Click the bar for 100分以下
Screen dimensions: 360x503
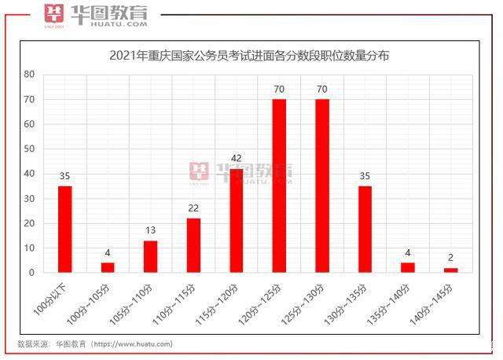pos(64,229)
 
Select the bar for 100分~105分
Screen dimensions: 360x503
pos(108,267)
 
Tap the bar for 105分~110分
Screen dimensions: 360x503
pos(150,256)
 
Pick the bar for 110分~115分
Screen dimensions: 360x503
pos(193,245)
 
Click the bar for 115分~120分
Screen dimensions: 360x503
pos(236,221)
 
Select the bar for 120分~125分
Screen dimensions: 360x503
pos(279,186)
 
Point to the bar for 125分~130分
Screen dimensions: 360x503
pos(321,186)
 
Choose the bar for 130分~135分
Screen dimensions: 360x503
pos(365,229)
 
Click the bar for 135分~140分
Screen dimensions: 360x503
pos(407,267)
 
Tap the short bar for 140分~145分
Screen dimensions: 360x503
pos(450,270)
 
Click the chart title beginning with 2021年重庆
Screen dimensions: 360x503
pos(249,57)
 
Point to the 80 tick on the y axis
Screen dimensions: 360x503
pos(29,75)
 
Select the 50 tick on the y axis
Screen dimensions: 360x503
pos(29,149)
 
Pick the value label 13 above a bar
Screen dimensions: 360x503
pos(150,231)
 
